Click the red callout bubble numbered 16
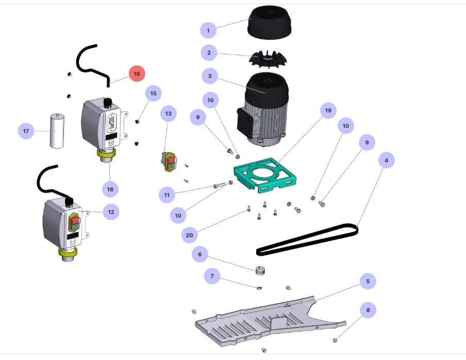pos(137,74)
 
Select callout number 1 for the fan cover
pos(208,31)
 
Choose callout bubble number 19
pos(328,110)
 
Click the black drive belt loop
pos(307,239)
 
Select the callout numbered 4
pos(386,161)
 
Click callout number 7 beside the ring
pos(212,276)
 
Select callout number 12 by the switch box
pos(111,211)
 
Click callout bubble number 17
pos(26,131)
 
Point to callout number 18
pos(110,189)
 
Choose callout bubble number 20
pos(190,235)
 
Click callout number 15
pos(153,93)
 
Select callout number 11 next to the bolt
pos(167,195)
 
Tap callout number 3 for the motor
pos(209,76)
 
